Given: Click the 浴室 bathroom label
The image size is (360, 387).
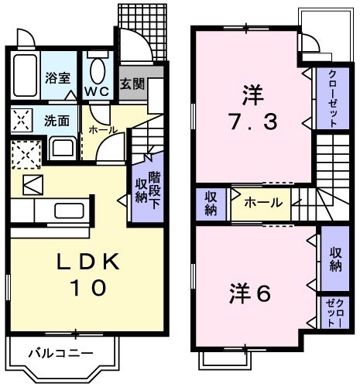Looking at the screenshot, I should pyautogui.click(x=57, y=77).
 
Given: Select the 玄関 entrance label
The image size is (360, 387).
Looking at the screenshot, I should pyautogui.click(x=132, y=84).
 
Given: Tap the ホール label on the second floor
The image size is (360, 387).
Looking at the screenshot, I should pyautogui.click(x=263, y=203).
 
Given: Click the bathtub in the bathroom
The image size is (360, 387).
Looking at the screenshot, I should pyautogui.click(x=25, y=77).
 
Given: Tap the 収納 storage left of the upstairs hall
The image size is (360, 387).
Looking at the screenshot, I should pyautogui.click(x=211, y=203).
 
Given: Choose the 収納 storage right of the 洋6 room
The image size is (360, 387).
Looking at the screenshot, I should pyautogui.click(x=335, y=259).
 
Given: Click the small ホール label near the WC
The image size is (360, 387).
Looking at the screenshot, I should pyautogui.click(x=98, y=131).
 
